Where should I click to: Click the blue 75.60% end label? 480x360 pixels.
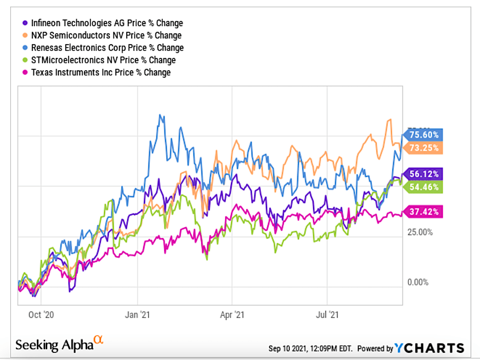coord(424,135)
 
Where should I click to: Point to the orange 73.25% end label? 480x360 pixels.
coord(424,148)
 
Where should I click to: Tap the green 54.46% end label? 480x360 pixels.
coord(424,187)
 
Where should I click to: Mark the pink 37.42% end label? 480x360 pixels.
coord(424,211)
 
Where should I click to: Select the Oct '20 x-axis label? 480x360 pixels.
coord(42,314)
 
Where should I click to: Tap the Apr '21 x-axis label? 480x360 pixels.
coord(232,314)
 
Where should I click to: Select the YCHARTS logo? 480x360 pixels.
coord(430,348)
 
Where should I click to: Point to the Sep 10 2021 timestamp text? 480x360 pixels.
coord(311,349)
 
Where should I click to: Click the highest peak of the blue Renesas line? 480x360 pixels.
coord(161,115)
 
